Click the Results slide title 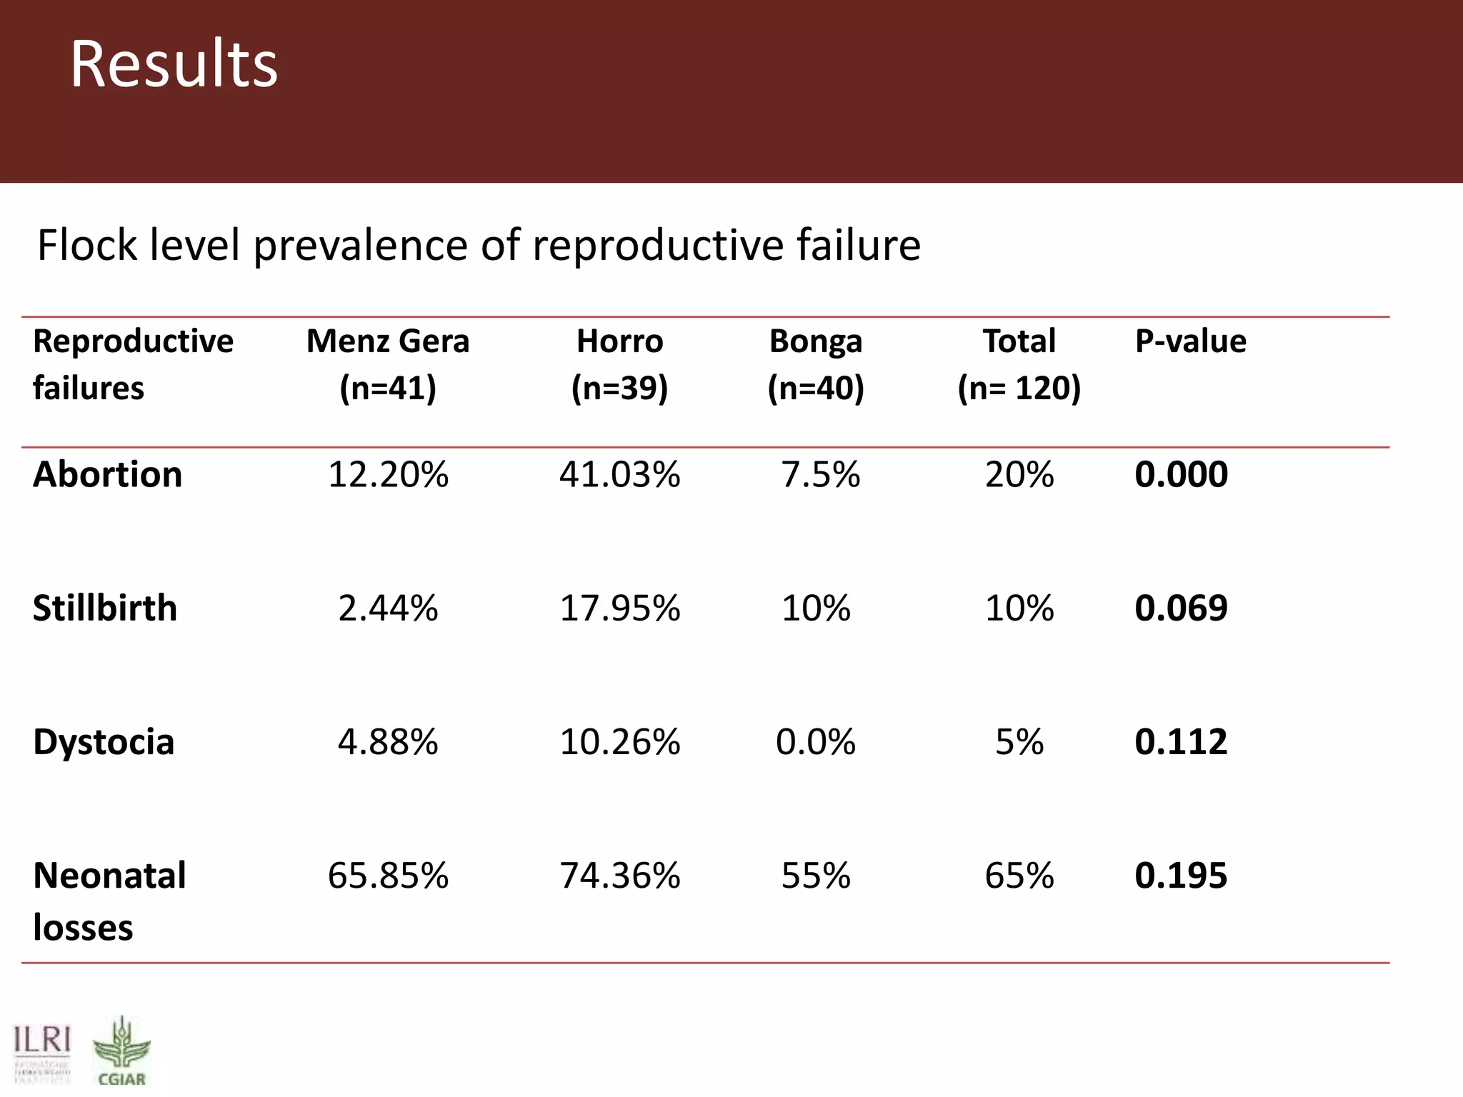[174, 64]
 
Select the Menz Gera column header [388, 364]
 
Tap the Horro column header [619, 364]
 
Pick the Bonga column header [816, 364]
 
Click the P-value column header [1190, 341]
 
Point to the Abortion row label [108, 474]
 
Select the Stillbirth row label [105, 608]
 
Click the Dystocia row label [104, 742]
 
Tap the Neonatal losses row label [109, 901]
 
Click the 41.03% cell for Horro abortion [619, 474]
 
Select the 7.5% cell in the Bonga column [820, 474]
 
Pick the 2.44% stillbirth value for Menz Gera [388, 608]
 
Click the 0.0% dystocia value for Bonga [816, 742]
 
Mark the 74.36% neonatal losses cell [619, 876]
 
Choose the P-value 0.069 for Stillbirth [1181, 608]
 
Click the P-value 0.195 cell [1181, 876]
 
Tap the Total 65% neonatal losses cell [1019, 876]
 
